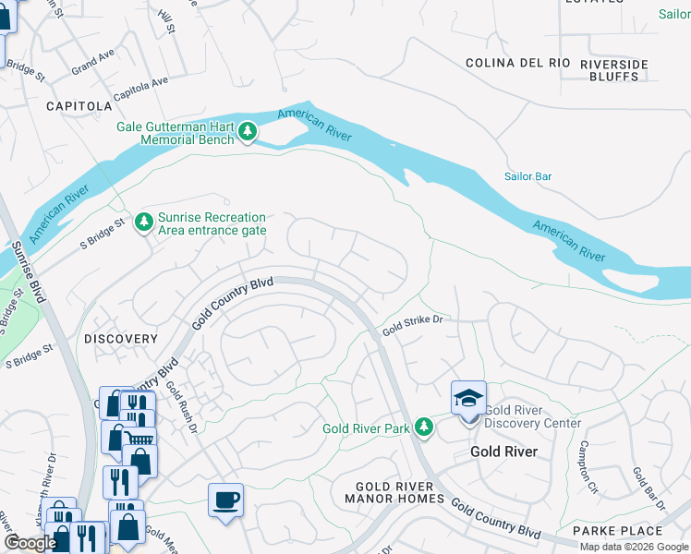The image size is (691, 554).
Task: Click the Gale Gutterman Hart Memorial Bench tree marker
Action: tap(247, 133)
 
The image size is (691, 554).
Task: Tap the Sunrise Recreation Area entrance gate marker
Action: tap(143, 223)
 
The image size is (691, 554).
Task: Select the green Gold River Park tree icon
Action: tap(423, 428)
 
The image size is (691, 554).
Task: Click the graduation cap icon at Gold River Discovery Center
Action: tap(468, 398)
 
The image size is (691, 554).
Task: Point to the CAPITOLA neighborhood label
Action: tap(79, 106)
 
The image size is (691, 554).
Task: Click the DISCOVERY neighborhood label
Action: tap(121, 339)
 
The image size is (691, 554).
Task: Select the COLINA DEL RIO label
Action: tap(518, 64)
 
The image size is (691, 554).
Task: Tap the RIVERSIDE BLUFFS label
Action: tap(614, 70)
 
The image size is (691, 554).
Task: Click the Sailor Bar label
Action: tap(527, 176)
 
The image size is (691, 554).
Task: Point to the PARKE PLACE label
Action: tap(617, 531)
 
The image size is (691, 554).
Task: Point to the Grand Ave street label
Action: tap(92, 65)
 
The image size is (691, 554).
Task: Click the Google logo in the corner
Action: tap(30, 543)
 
